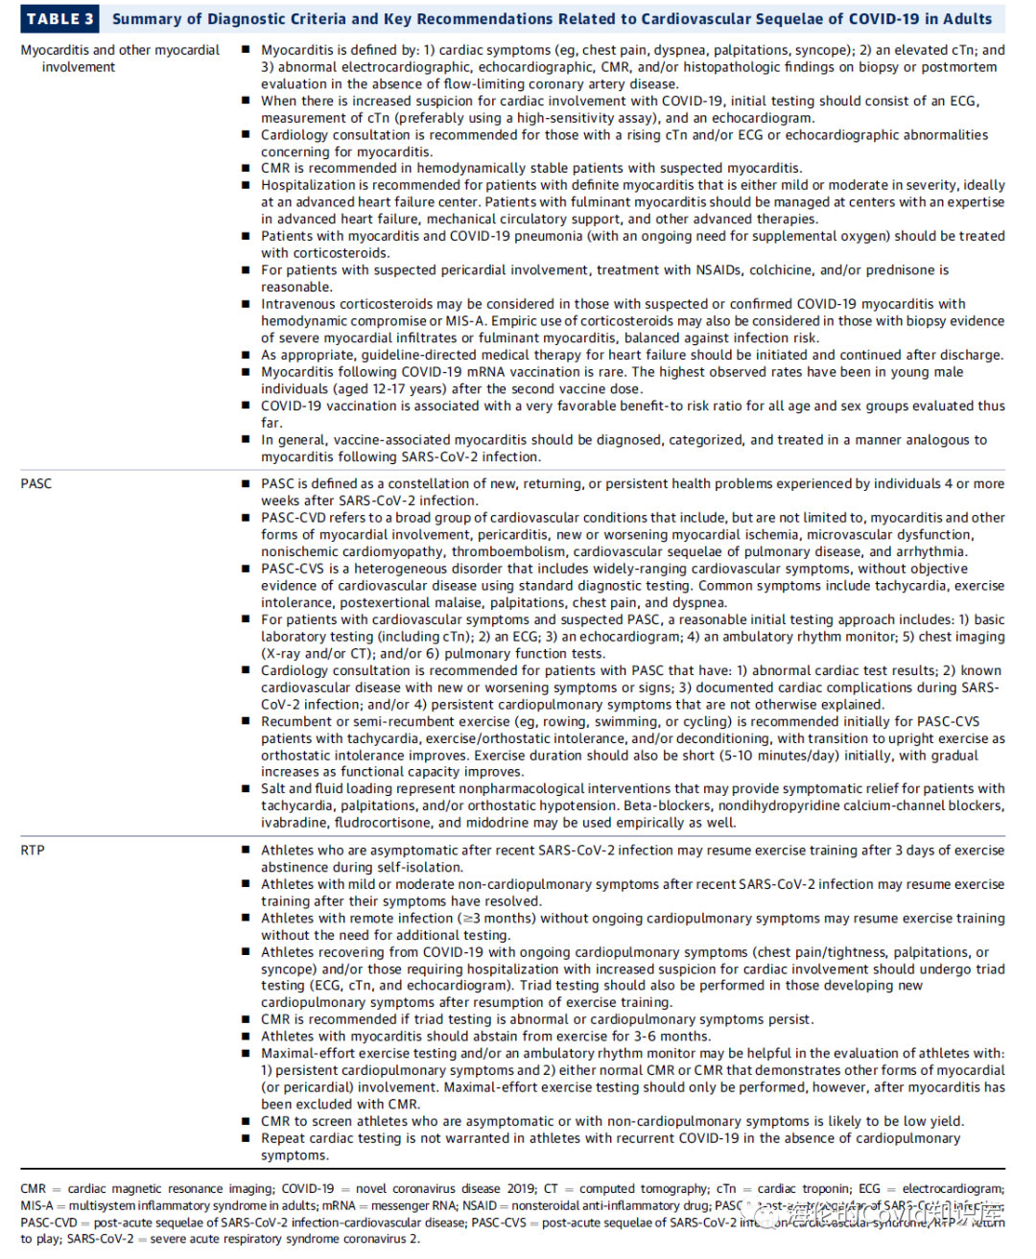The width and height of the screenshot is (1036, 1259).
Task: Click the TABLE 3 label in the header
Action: point(59,18)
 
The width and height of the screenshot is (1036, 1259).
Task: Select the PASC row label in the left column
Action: point(36,483)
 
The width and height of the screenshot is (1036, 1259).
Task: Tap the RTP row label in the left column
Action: point(33,850)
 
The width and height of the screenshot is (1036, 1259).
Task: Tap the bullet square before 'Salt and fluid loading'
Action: point(246,789)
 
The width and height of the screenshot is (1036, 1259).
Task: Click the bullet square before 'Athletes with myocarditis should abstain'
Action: point(246,1036)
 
